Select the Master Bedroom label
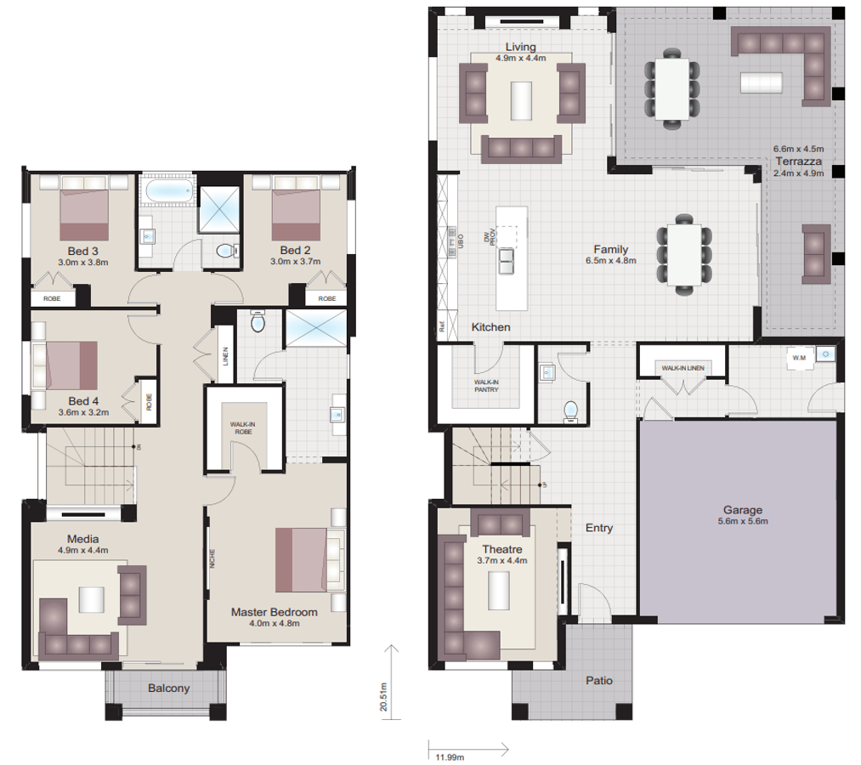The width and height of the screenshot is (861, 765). point(275,612)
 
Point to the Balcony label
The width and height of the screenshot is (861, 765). point(168,688)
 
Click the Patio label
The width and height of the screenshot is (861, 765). point(598,681)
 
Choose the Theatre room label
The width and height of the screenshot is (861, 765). point(502,549)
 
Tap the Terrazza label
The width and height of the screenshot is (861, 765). point(797,161)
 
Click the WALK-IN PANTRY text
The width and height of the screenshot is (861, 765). point(486,387)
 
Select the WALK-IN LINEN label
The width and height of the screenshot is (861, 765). point(682,367)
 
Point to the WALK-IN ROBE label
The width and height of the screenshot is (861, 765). point(243,428)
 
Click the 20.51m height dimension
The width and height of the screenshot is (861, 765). point(383,695)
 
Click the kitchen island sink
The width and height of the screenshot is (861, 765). point(508,261)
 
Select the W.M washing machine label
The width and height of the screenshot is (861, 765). point(798,358)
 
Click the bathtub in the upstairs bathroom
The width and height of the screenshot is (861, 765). point(166,192)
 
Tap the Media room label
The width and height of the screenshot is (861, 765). point(83,539)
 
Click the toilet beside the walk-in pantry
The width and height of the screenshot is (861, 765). point(570,411)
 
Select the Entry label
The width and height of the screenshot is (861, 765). point(599,528)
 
